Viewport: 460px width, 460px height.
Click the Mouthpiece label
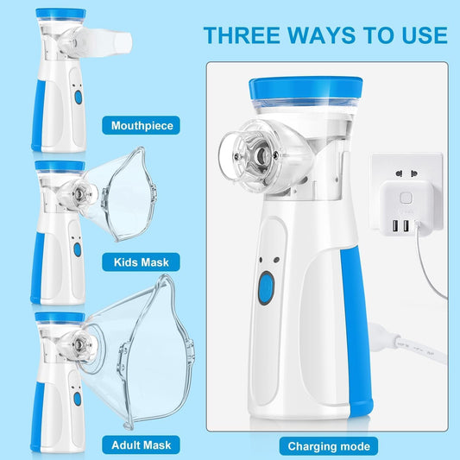tap(142, 125)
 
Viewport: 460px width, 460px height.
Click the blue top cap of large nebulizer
tap(304, 90)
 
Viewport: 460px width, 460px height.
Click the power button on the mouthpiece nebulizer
tap(77, 98)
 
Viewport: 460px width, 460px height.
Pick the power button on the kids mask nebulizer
tap(76, 249)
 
